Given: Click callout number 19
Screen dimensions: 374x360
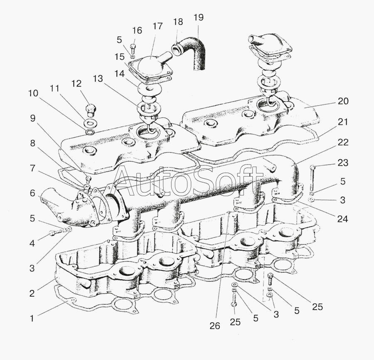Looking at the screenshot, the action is coord(199,17).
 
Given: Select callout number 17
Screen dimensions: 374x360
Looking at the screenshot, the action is coord(157,26).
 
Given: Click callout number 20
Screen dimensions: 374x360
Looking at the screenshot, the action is coord(343,101).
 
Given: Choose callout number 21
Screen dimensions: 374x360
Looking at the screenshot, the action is coord(343,122).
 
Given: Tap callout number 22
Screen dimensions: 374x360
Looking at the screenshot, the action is coord(342,142).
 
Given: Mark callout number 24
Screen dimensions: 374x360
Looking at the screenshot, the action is coord(342,219).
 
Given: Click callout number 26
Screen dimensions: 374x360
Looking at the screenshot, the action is coord(214,326).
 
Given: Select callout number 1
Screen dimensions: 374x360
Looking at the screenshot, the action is coord(32,319).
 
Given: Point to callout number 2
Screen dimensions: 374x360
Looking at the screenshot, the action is coord(32,293).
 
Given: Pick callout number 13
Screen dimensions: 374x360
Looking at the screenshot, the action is coord(98,79).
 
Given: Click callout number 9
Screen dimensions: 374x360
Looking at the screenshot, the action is coord(33,118).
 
